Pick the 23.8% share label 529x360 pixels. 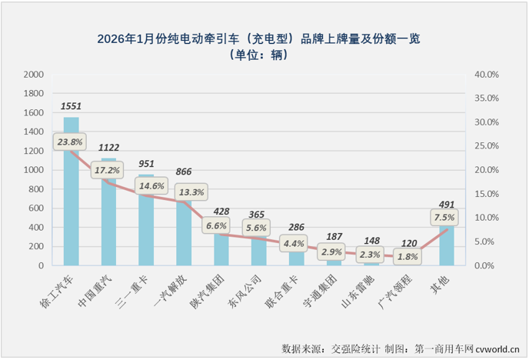tap(69, 142)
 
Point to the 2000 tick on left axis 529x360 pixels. tap(33, 75)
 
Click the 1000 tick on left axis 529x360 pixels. tap(33, 170)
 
